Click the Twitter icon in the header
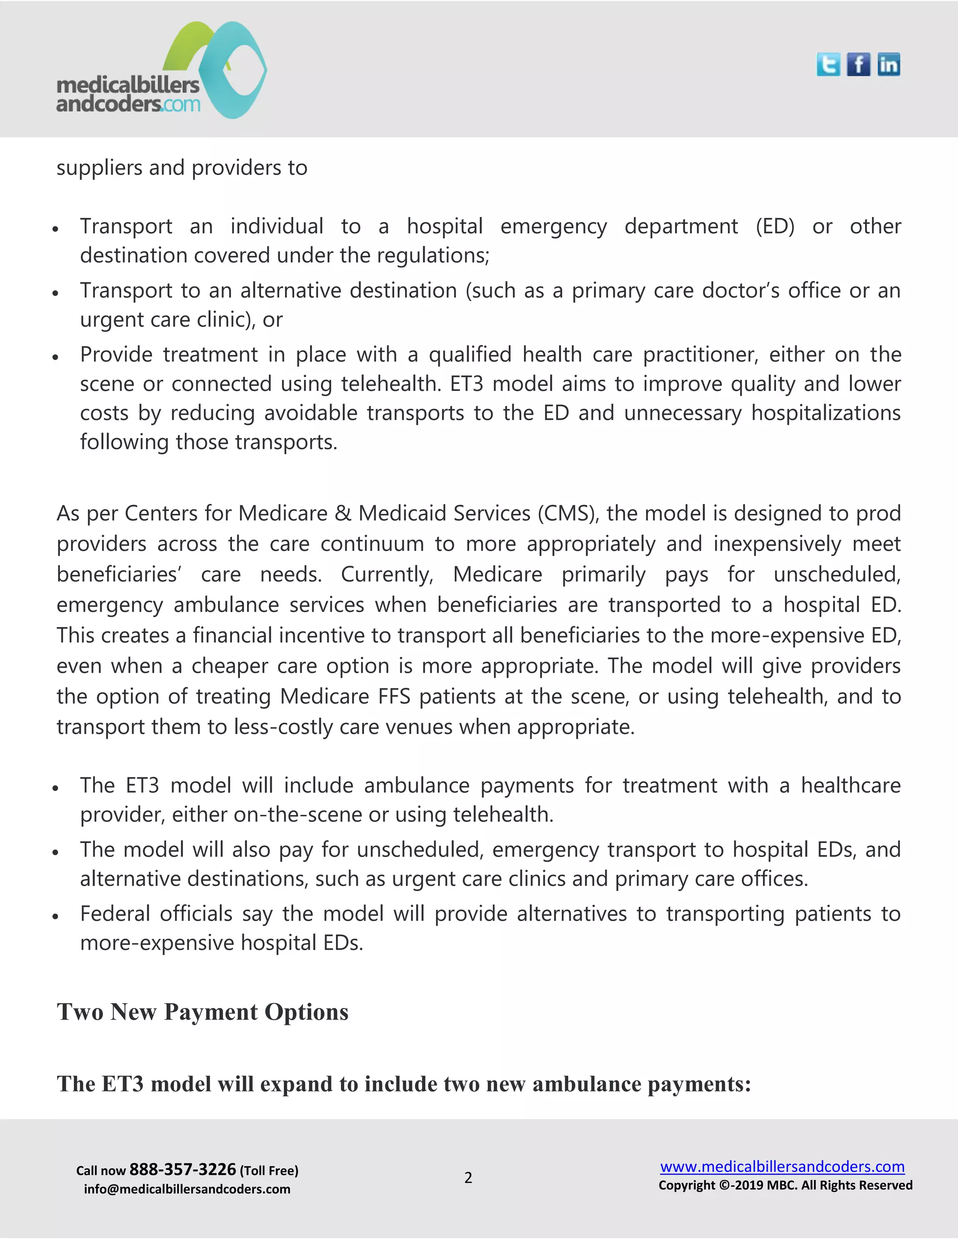[828, 65]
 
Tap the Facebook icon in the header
[858, 65]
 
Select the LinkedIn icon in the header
[888, 65]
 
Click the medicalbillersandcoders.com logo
[162, 71]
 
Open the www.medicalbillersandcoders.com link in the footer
[782, 1167]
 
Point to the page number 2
[468, 1178]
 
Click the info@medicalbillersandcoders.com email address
[187, 1189]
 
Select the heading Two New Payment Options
[203, 1012]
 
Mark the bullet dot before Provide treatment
[56, 357]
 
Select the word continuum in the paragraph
[372, 544]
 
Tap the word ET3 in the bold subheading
[123, 1084]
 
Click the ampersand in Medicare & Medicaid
[342, 513]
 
